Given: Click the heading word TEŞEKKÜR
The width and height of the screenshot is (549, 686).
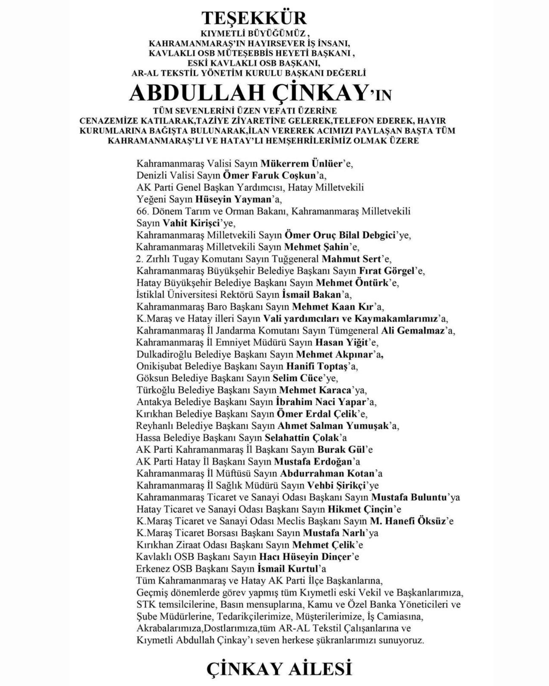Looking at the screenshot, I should pyautogui.click(x=254, y=18).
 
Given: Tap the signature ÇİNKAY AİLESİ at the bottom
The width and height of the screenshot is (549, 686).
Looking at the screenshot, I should pyautogui.click(x=279, y=669).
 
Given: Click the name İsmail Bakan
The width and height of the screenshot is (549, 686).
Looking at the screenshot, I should pyautogui.click(x=311, y=295).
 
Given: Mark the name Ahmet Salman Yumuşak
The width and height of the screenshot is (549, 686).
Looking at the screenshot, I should pyautogui.click(x=333, y=426).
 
